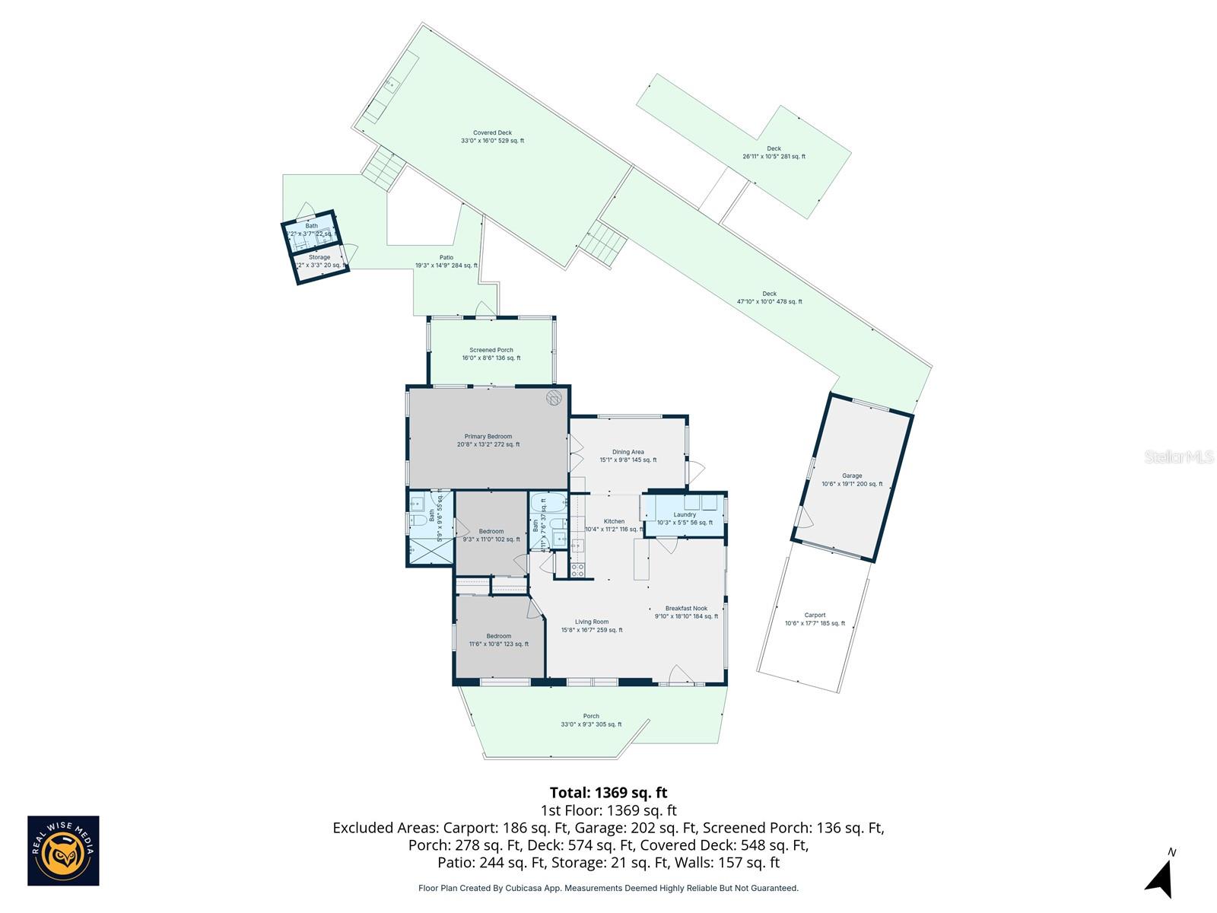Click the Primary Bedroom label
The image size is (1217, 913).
point(488,437)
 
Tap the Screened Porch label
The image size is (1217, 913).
point(491,351)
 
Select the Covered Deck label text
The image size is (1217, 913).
point(492,133)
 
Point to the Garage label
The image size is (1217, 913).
point(852,476)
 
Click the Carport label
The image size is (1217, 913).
point(815,616)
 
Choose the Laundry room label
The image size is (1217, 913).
point(685,515)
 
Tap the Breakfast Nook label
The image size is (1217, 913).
point(686,609)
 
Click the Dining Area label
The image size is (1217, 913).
point(628,452)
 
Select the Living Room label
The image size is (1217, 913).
point(592,622)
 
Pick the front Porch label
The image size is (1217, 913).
point(591,716)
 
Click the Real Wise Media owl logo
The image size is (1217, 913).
point(63,851)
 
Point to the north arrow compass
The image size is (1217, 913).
point(1160,879)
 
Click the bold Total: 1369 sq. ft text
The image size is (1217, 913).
point(608,793)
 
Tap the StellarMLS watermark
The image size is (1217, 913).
point(1179,456)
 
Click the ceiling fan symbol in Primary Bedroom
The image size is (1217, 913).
point(554,397)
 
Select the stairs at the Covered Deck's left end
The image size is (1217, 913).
point(380,167)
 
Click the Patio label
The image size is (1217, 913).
point(446,258)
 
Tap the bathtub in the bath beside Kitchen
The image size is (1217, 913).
point(548,502)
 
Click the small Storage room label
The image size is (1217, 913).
point(319,257)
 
